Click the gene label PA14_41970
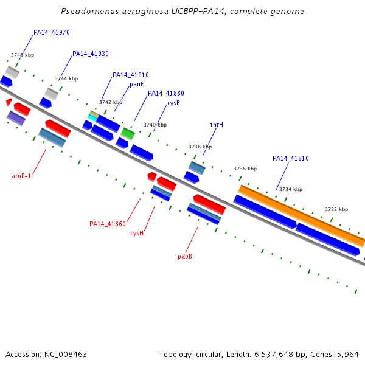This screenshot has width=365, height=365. (x=52, y=32)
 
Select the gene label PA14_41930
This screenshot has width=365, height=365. (x=91, y=54)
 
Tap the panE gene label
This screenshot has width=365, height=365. (x=137, y=85)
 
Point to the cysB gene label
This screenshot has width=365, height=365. (x=173, y=103)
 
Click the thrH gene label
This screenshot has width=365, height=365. (x=217, y=125)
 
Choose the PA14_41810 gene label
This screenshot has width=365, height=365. (x=291, y=158)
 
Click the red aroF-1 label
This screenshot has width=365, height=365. (x=21, y=176)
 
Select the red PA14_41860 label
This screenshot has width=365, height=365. (x=108, y=224)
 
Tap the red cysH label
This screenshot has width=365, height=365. (x=137, y=233)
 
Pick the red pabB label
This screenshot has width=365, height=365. (x=185, y=256)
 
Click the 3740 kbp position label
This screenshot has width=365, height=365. (x=155, y=125)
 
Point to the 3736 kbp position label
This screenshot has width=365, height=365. (x=245, y=169)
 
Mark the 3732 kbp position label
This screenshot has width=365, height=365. (x=336, y=209)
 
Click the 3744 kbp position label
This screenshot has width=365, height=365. (x=66, y=78)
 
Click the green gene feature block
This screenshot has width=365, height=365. (x=128, y=134)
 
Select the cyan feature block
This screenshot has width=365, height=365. (x=92, y=118)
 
